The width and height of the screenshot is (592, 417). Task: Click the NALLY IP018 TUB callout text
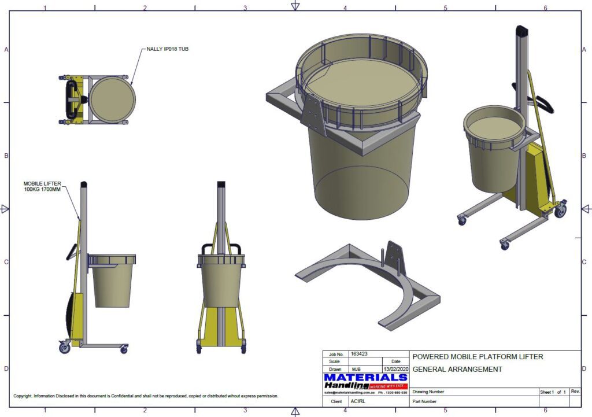tap(167, 49)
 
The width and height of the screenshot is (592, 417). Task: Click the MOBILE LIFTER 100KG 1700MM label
tap(42, 186)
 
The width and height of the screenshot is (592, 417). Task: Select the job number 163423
tap(359, 354)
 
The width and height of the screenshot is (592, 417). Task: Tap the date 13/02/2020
tap(395, 369)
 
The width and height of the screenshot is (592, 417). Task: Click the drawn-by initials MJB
tap(356, 369)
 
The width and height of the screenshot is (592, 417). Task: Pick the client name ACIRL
tap(358, 401)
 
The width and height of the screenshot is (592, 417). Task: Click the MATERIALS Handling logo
tap(366, 382)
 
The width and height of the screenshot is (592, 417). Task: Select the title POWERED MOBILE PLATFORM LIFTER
tap(478, 357)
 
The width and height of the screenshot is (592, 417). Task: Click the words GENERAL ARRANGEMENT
tap(457, 370)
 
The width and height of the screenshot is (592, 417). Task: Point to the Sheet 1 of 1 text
tap(553, 392)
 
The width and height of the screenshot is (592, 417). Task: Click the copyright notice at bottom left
tap(146, 396)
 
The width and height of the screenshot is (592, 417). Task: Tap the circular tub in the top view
tap(112, 99)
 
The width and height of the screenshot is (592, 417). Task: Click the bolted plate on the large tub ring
tap(313, 113)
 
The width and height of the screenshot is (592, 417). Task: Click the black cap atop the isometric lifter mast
tap(523, 31)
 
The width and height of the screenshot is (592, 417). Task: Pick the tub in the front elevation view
tap(221, 281)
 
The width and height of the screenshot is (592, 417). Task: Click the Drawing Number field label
tap(428, 392)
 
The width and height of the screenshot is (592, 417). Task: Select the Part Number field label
tap(425, 401)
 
